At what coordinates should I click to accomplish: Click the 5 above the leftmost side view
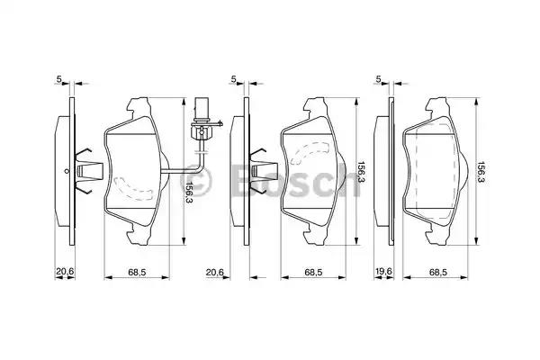click(x=59, y=80)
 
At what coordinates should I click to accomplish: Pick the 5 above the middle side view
click(x=233, y=80)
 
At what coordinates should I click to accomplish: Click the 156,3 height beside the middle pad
click(x=361, y=169)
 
